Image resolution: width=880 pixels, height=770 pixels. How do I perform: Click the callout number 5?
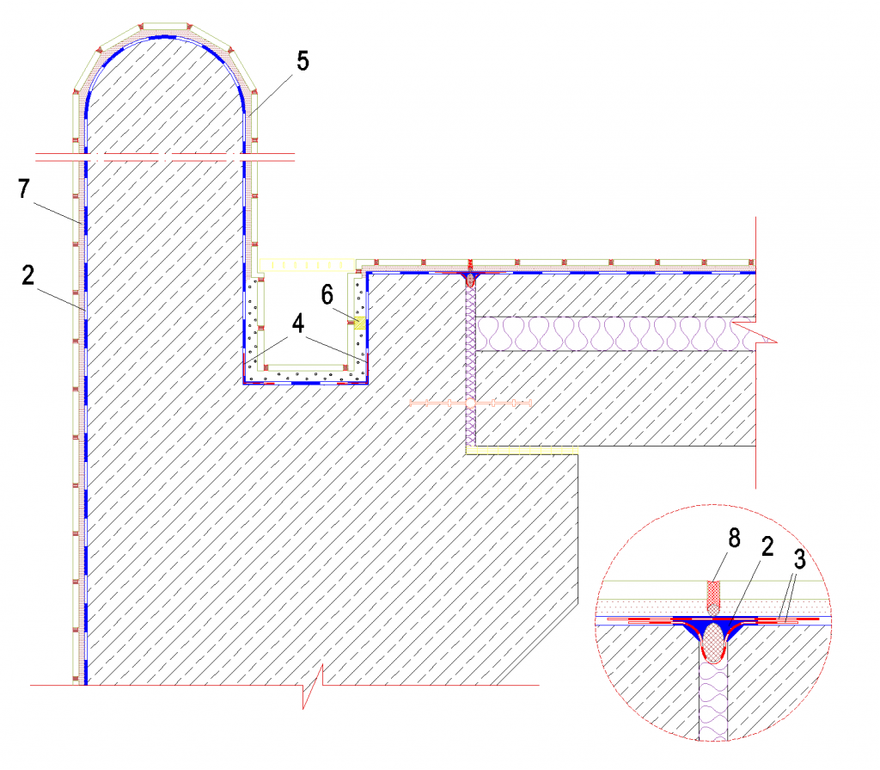point(302,61)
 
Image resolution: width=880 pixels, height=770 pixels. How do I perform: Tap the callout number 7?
point(23,188)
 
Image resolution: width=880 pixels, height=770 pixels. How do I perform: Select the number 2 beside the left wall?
point(28,274)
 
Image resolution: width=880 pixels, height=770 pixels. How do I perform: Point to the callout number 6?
point(327,295)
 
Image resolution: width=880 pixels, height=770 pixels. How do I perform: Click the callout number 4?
point(298,323)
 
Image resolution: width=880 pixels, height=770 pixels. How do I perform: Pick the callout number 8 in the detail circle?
point(734,539)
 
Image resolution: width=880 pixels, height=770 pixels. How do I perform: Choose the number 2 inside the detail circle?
point(767,546)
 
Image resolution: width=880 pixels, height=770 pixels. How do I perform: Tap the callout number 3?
point(800,559)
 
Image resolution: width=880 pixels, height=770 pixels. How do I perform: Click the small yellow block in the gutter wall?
point(359,323)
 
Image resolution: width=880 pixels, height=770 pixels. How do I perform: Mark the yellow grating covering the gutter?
point(307,265)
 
